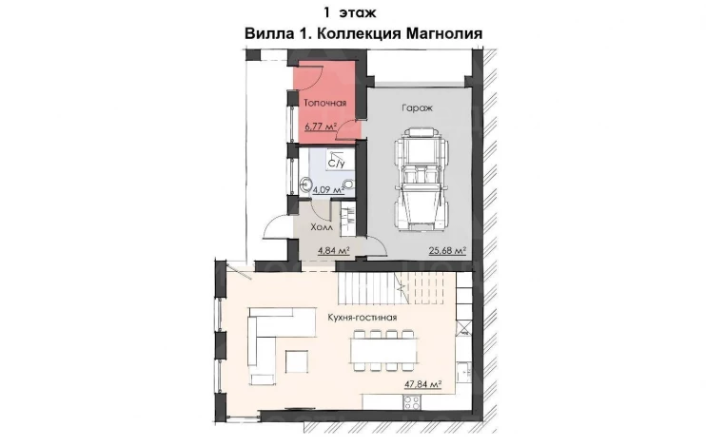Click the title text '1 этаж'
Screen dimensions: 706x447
tap(349, 12)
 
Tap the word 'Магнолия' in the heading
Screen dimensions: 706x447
tap(444, 33)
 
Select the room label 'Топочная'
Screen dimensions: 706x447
tap(325, 103)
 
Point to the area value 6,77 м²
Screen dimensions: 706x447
tap(322, 126)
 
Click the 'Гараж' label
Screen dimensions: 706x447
tap(417, 108)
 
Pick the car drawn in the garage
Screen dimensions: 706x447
tap(421, 180)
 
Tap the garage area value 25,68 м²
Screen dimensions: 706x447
tap(447, 250)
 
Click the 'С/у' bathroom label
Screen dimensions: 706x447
tap(336, 164)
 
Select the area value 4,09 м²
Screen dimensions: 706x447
tap(328, 190)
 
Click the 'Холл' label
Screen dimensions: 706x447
tap(322, 227)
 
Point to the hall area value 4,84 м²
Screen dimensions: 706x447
tap(334, 250)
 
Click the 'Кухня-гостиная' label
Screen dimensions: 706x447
tap(363, 318)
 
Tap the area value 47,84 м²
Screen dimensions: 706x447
tap(422, 384)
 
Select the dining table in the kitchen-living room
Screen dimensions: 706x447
tap(384, 351)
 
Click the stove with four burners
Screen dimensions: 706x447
tap(412, 402)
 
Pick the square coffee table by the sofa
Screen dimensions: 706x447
tap(297, 361)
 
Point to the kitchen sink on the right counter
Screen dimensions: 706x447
tap(463, 372)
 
